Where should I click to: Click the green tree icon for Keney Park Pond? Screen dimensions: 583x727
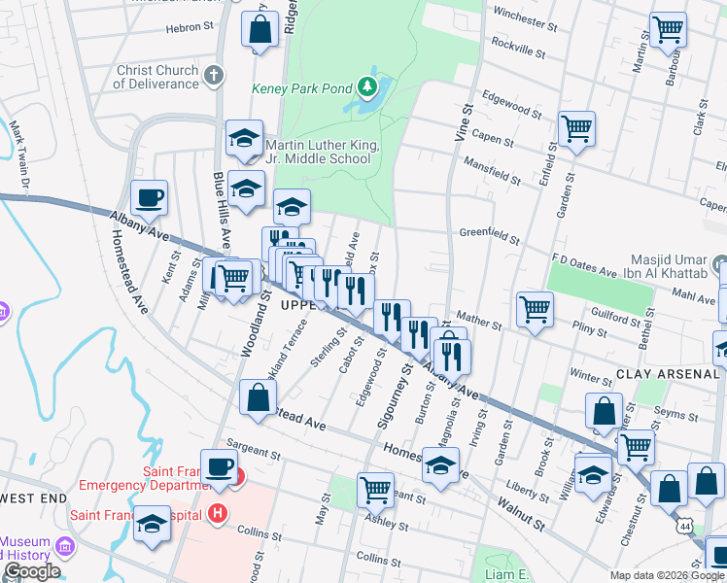(x=367, y=88)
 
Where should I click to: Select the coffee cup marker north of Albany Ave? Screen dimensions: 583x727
(x=150, y=199)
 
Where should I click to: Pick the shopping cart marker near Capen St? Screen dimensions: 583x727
(x=576, y=128)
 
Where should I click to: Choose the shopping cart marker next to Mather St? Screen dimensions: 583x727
(x=535, y=310)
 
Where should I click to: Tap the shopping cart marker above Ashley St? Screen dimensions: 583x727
(x=375, y=490)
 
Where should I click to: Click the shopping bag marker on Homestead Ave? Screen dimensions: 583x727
(x=259, y=398)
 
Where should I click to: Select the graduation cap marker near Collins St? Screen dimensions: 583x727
(x=152, y=525)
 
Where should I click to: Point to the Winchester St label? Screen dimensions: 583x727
(x=527, y=13)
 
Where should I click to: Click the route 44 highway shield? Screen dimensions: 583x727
(x=687, y=525)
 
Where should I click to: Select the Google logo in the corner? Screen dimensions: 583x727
(x=31, y=571)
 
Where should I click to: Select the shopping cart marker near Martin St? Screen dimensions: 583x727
(x=669, y=30)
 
